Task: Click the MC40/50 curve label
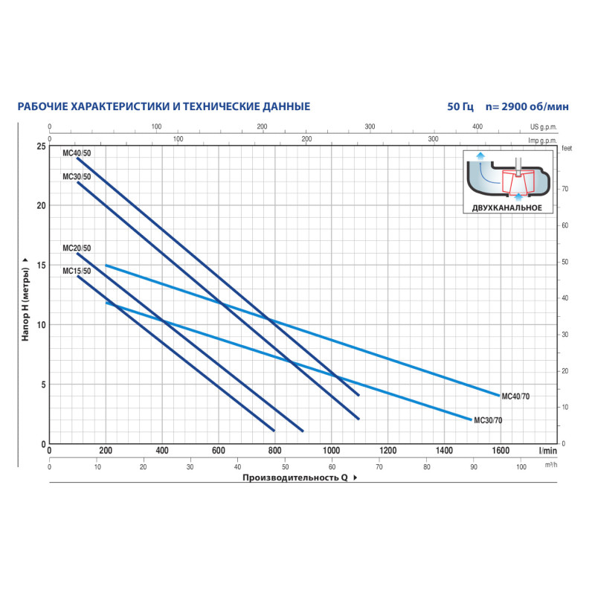tap(77, 152)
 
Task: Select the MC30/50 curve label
tap(77, 176)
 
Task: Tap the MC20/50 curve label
tap(77, 248)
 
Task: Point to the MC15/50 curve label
tap(77, 271)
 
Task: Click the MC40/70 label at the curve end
tap(516, 396)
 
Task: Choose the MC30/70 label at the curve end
tap(488, 420)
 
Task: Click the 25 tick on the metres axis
tap(40, 146)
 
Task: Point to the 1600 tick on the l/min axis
tap(501, 451)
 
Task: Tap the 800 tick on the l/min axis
tap(274, 451)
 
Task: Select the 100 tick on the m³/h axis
tap(521, 467)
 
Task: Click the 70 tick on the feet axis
tap(565, 189)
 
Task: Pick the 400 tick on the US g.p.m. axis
tap(478, 127)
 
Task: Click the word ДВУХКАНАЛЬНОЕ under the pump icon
tap(506, 208)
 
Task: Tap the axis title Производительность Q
tap(295, 478)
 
